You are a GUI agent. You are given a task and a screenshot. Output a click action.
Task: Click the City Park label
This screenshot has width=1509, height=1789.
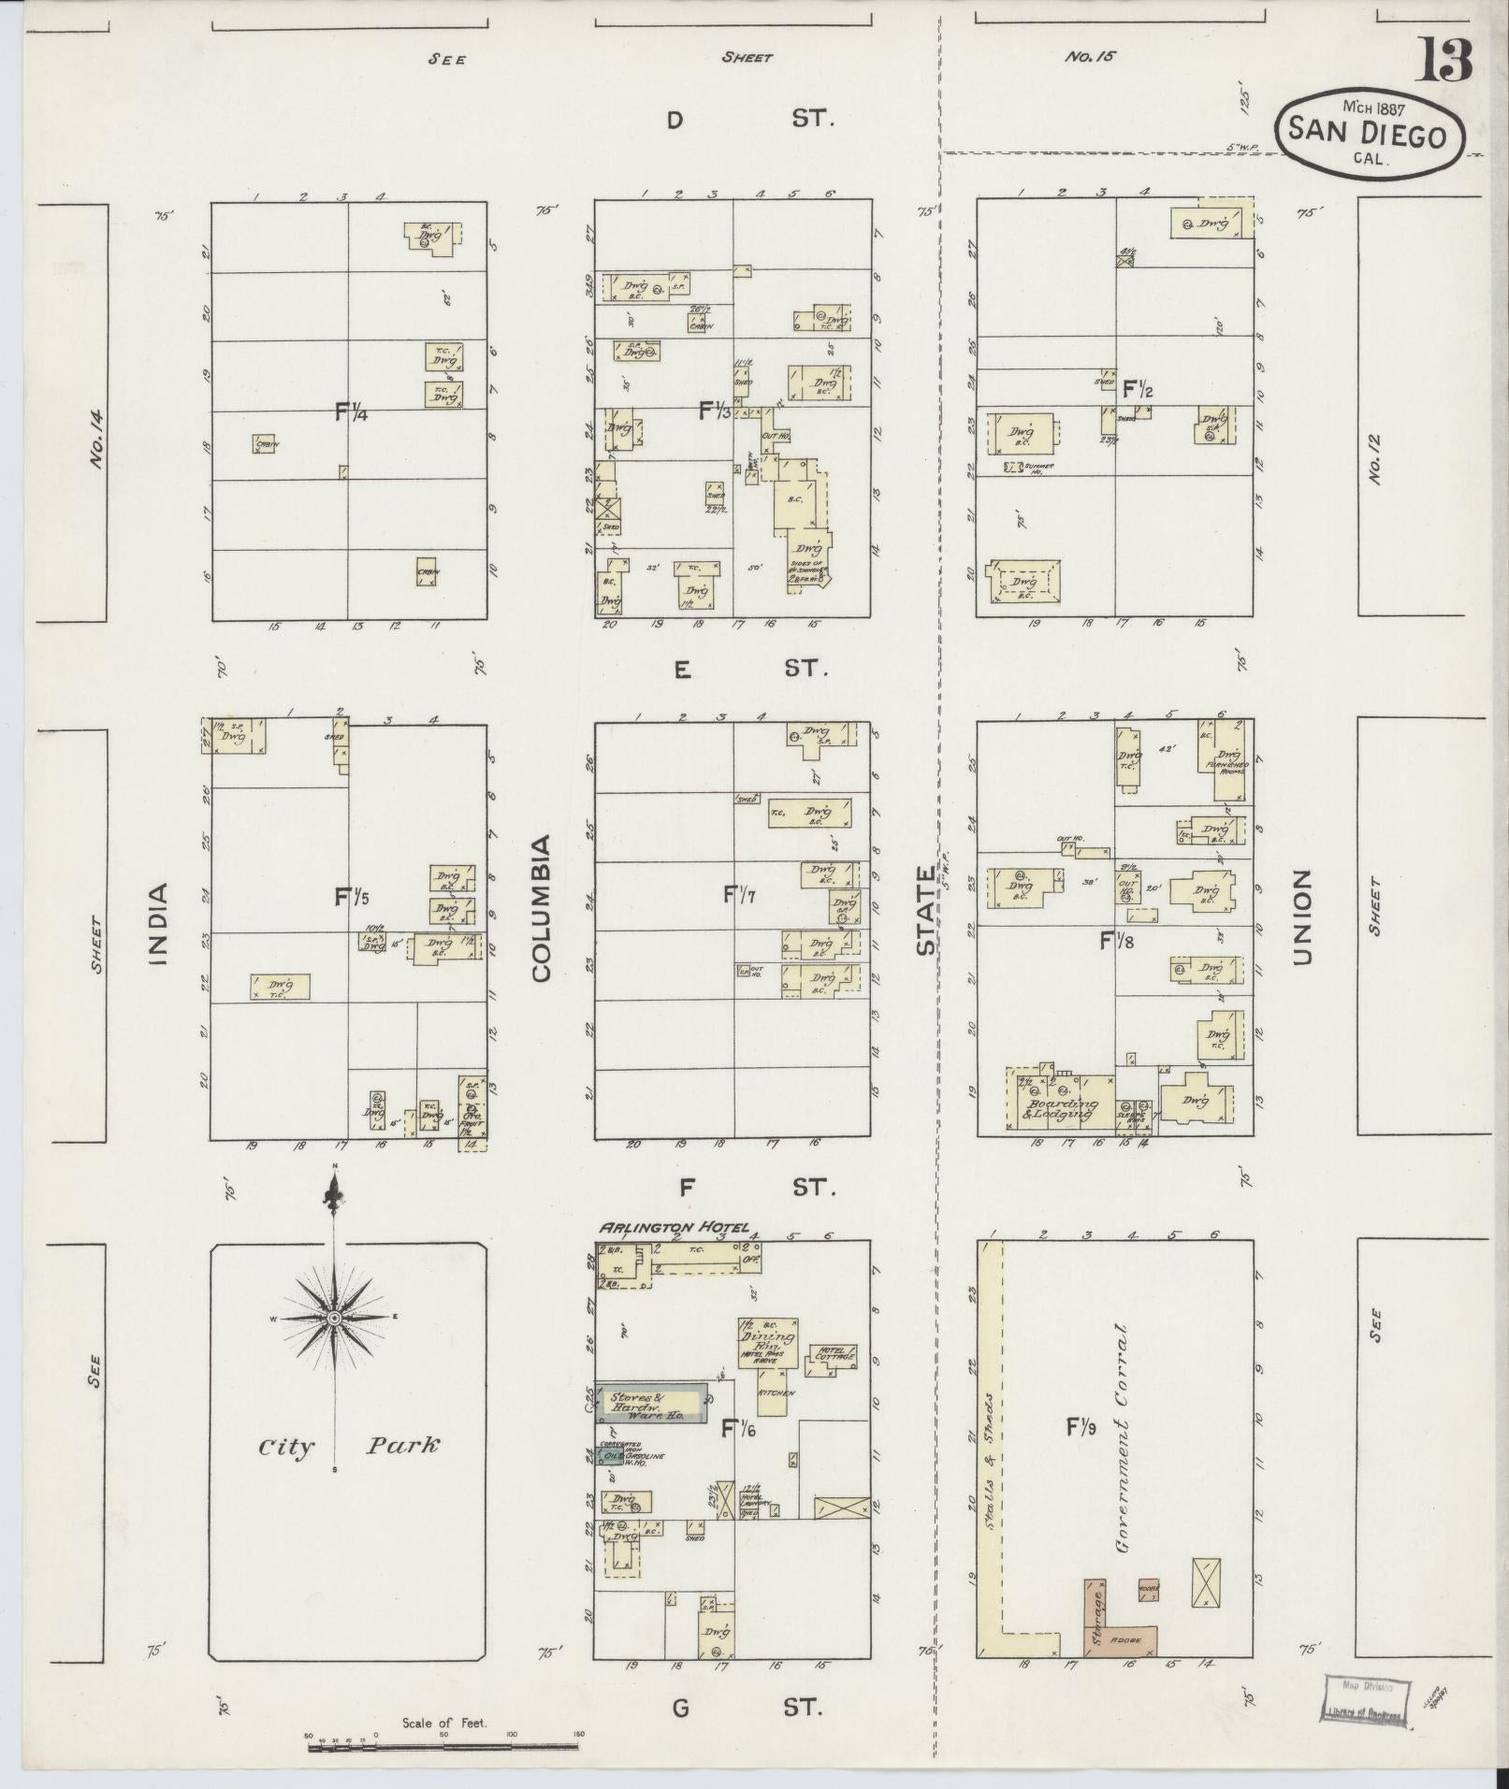tap(348, 1446)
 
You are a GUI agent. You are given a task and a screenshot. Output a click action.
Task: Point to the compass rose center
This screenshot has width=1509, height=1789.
tap(333, 1318)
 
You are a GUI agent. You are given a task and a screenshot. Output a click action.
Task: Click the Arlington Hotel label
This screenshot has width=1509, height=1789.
tap(673, 1228)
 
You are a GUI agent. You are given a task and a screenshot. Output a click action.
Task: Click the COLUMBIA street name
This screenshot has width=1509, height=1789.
tap(542, 908)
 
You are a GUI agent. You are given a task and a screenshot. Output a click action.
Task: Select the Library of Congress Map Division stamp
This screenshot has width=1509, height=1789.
tap(1365, 1698)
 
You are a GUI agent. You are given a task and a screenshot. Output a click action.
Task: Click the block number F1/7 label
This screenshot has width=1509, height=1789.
tap(739, 894)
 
